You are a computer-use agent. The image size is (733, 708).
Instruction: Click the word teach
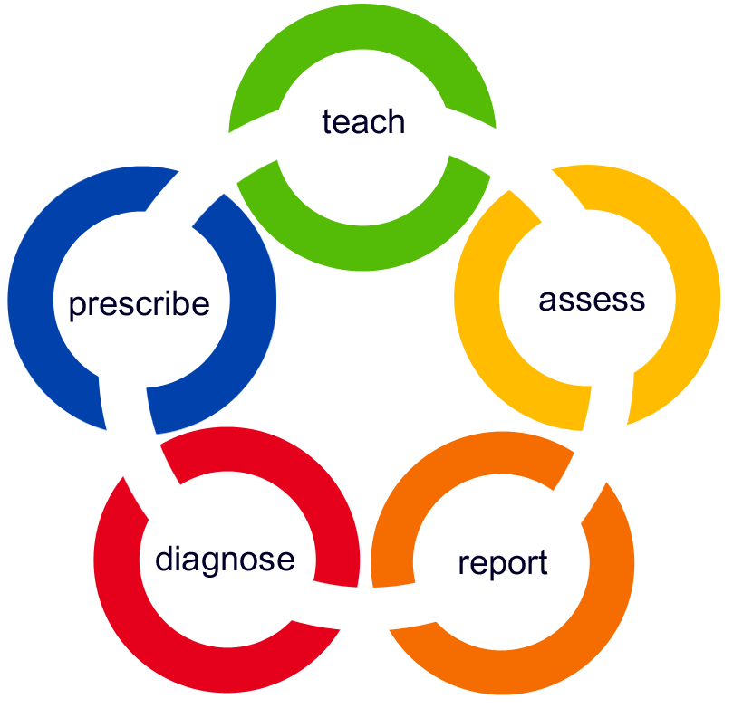coord(362,122)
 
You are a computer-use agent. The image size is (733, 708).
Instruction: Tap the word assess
coord(592,299)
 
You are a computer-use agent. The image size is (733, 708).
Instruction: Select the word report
coord(502,563)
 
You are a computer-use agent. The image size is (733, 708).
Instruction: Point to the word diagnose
coord(225,560)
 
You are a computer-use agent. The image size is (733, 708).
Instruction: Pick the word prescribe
coord(139,304)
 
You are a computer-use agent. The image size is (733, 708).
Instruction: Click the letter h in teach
coord(396,120)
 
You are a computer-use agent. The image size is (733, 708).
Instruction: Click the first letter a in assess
coord(547,301)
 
